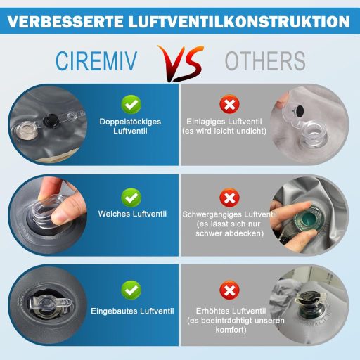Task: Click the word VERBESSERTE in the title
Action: tap(65, 22)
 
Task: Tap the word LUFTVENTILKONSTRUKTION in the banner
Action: tap(239, 22)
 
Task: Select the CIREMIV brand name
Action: tap(96, 61)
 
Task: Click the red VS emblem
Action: tap(181, 63)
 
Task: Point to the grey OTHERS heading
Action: tap(265, 61)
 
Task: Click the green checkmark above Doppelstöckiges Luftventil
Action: tap(131, 105)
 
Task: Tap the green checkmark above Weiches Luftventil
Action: tap(131, 198)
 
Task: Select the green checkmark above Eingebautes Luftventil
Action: tap(131, 290)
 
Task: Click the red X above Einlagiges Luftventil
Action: tap(229, 104)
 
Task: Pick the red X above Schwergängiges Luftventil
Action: tap(229, 198)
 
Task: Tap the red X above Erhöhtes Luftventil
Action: tap(229, 290)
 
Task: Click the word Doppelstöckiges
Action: tap(130, 122)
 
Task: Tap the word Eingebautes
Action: tap(114, 311)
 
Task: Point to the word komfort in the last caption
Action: tap(231, 330)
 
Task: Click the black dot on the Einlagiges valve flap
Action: tap(300, 110)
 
